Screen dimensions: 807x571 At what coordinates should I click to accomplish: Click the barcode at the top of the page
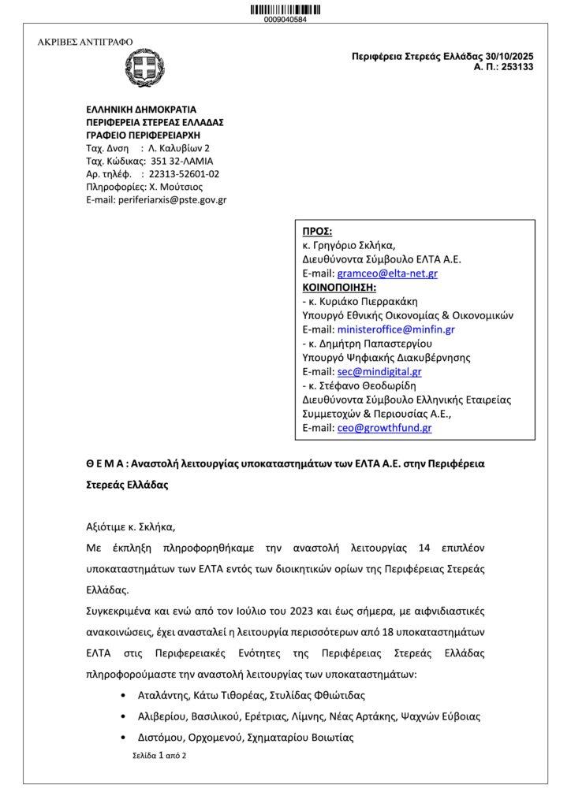coord(285,9)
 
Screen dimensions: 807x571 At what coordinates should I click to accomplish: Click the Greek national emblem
coord(144,69)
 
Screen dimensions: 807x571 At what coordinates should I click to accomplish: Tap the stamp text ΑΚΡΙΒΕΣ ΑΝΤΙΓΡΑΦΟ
coord(85,42)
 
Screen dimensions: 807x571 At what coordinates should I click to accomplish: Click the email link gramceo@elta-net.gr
coord(387,273)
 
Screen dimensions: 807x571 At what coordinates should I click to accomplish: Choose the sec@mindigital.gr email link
coord(379,372)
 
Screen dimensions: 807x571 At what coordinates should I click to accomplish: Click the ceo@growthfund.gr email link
coord(384,428)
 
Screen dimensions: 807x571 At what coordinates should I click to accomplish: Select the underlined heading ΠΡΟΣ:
coord(318,231)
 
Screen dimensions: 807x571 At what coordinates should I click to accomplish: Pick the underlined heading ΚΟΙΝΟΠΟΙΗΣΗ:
coord(340,287)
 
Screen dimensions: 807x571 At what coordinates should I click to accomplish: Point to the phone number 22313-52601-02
coord(185,173)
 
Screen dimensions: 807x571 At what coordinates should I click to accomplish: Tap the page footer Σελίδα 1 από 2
coord(159,755)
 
